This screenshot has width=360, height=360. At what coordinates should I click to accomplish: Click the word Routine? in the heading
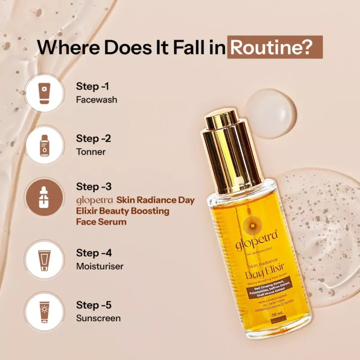pyautogui.click(x=274, y=47)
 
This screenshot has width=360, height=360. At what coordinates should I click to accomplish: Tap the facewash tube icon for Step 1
pyautogui.click(x=44, y=93)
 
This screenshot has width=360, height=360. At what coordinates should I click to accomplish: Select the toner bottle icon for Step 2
pyautogui.click(x=44, y=145)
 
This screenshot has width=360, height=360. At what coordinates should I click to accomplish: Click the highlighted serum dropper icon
pyautogui.click(x=44, y=198)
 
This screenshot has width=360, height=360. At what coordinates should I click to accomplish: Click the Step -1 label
pyautogui.click(x=93, y=86)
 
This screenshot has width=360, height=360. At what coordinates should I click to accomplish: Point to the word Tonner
pyautogui.click(x=91, y=152)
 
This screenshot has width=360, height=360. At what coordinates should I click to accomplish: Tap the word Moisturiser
pyautogui.click(x=99, y=266)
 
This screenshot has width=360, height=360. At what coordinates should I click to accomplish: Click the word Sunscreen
pyautogui.click(x=98, y=318)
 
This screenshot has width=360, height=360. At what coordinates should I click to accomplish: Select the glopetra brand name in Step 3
pyautogui.click(x=94, y=200)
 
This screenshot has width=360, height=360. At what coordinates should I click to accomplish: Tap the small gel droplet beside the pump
pyautogui.click(x=270, y=113)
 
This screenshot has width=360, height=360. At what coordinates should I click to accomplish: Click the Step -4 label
pyautogui.click(x=94, y=253)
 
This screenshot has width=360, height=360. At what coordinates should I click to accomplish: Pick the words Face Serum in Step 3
pyautogui.click(x=101, y=221)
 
